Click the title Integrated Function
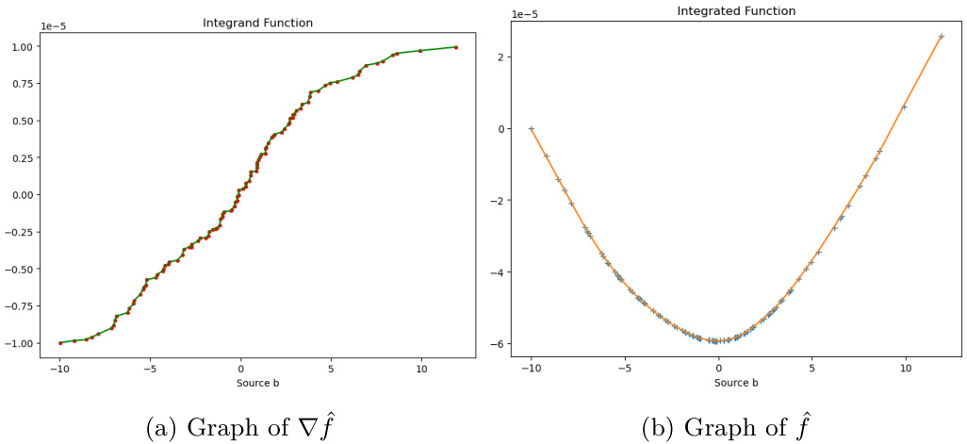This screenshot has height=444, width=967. pos(736,11)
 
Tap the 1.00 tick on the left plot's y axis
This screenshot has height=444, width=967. pos(21,46)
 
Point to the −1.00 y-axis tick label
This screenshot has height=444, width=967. pos(18,343)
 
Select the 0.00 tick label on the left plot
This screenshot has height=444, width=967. pos(21,195)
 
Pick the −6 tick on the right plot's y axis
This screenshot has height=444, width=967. pos(504,344)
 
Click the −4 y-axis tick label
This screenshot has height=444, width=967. pos(504,272)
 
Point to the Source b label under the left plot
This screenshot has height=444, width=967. pos(240,384)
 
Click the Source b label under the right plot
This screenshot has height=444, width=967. pos(736,384)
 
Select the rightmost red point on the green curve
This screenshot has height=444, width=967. pos(456,47)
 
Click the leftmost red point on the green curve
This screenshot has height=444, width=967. pos(60,343)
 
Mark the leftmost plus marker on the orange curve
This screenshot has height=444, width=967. pos(532,128)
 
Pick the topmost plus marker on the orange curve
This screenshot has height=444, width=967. pos(941,37)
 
